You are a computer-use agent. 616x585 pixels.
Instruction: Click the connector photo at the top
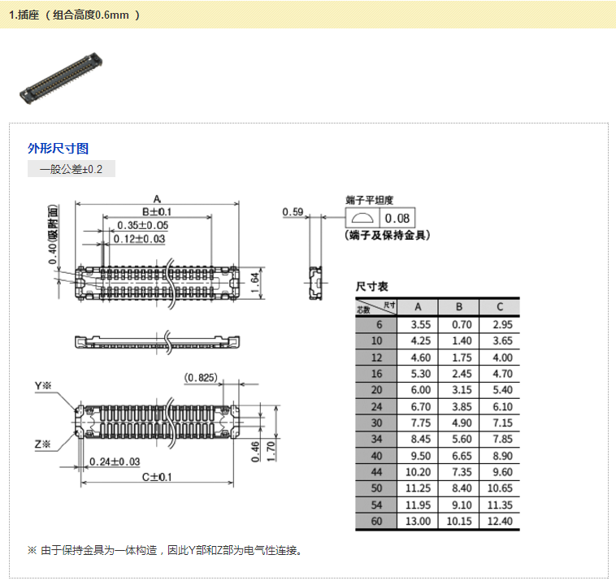61,78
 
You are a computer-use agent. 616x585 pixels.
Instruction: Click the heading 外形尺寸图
59,149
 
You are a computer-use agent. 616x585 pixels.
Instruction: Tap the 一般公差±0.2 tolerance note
71,169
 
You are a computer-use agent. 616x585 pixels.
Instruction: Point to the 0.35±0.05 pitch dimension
142,225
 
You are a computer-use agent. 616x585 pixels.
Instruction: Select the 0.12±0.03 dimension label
139,239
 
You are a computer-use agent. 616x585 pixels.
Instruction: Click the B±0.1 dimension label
157,212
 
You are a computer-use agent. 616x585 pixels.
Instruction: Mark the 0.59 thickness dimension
293,212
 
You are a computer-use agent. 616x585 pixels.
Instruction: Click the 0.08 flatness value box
397,218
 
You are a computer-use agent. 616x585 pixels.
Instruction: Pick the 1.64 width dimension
255,283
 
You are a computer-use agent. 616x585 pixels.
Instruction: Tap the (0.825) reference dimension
201,378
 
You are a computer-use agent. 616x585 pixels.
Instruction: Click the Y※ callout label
43,386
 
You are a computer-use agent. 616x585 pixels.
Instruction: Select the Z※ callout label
43,444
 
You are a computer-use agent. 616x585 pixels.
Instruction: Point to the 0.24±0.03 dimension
115,461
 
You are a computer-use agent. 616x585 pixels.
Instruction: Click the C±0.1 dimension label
157,477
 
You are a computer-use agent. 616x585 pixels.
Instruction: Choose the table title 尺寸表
371,287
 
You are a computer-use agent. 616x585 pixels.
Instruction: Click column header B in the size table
459,307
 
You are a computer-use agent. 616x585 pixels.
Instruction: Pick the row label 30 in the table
376,422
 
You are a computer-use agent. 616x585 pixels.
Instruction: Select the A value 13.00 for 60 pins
418,521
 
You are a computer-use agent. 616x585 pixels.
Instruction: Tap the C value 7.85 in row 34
503,440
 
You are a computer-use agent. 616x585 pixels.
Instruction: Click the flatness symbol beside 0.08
362,218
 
